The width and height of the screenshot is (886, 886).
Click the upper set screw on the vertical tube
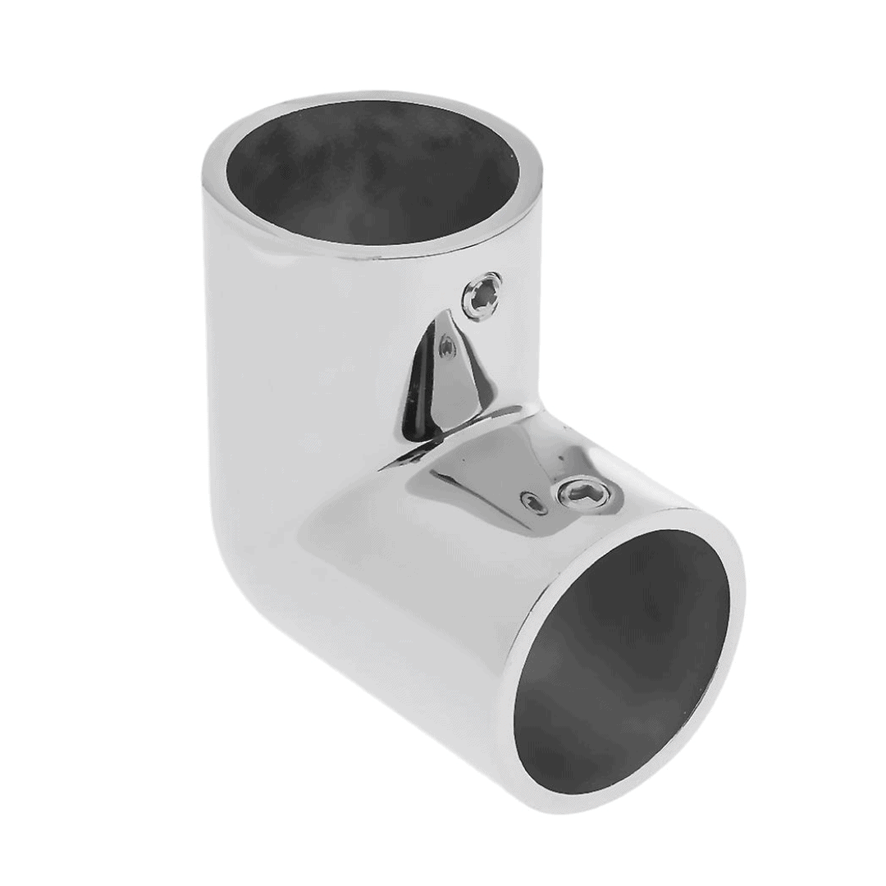click(482, 296)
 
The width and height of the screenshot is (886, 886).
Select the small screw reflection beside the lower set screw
click(534, 501)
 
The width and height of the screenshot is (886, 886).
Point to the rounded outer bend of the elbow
click(246, 533)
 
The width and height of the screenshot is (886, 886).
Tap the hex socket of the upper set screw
click(482, 296)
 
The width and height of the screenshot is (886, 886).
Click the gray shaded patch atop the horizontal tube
click(476, 476)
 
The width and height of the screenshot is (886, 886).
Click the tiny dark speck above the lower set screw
click(560, 460)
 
